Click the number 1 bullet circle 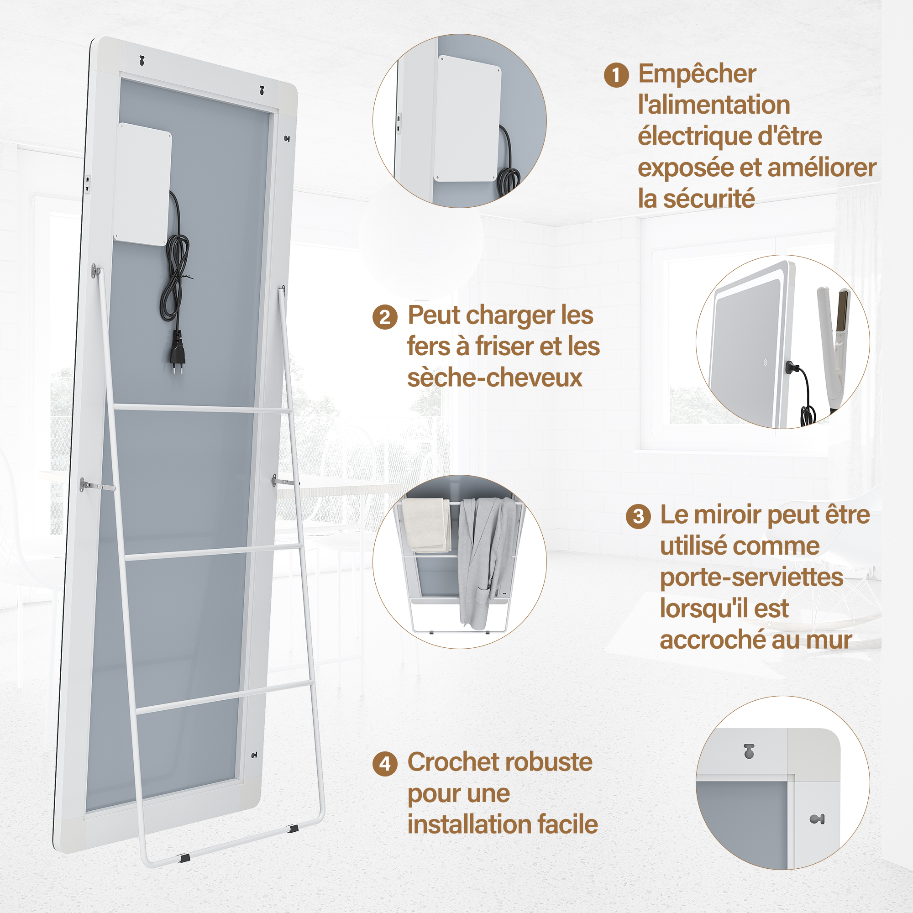pos(616,75)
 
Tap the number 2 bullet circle pos(385,317)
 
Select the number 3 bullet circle pos(638,516)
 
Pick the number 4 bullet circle pos(385,764)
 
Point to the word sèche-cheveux pos(494,378)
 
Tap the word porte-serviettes pos(751,578)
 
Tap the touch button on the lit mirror pos(765,362)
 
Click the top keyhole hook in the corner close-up pos(749,751)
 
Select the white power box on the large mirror pos(142,184)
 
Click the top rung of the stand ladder pos(202,409)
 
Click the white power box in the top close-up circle pos(468,118)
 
